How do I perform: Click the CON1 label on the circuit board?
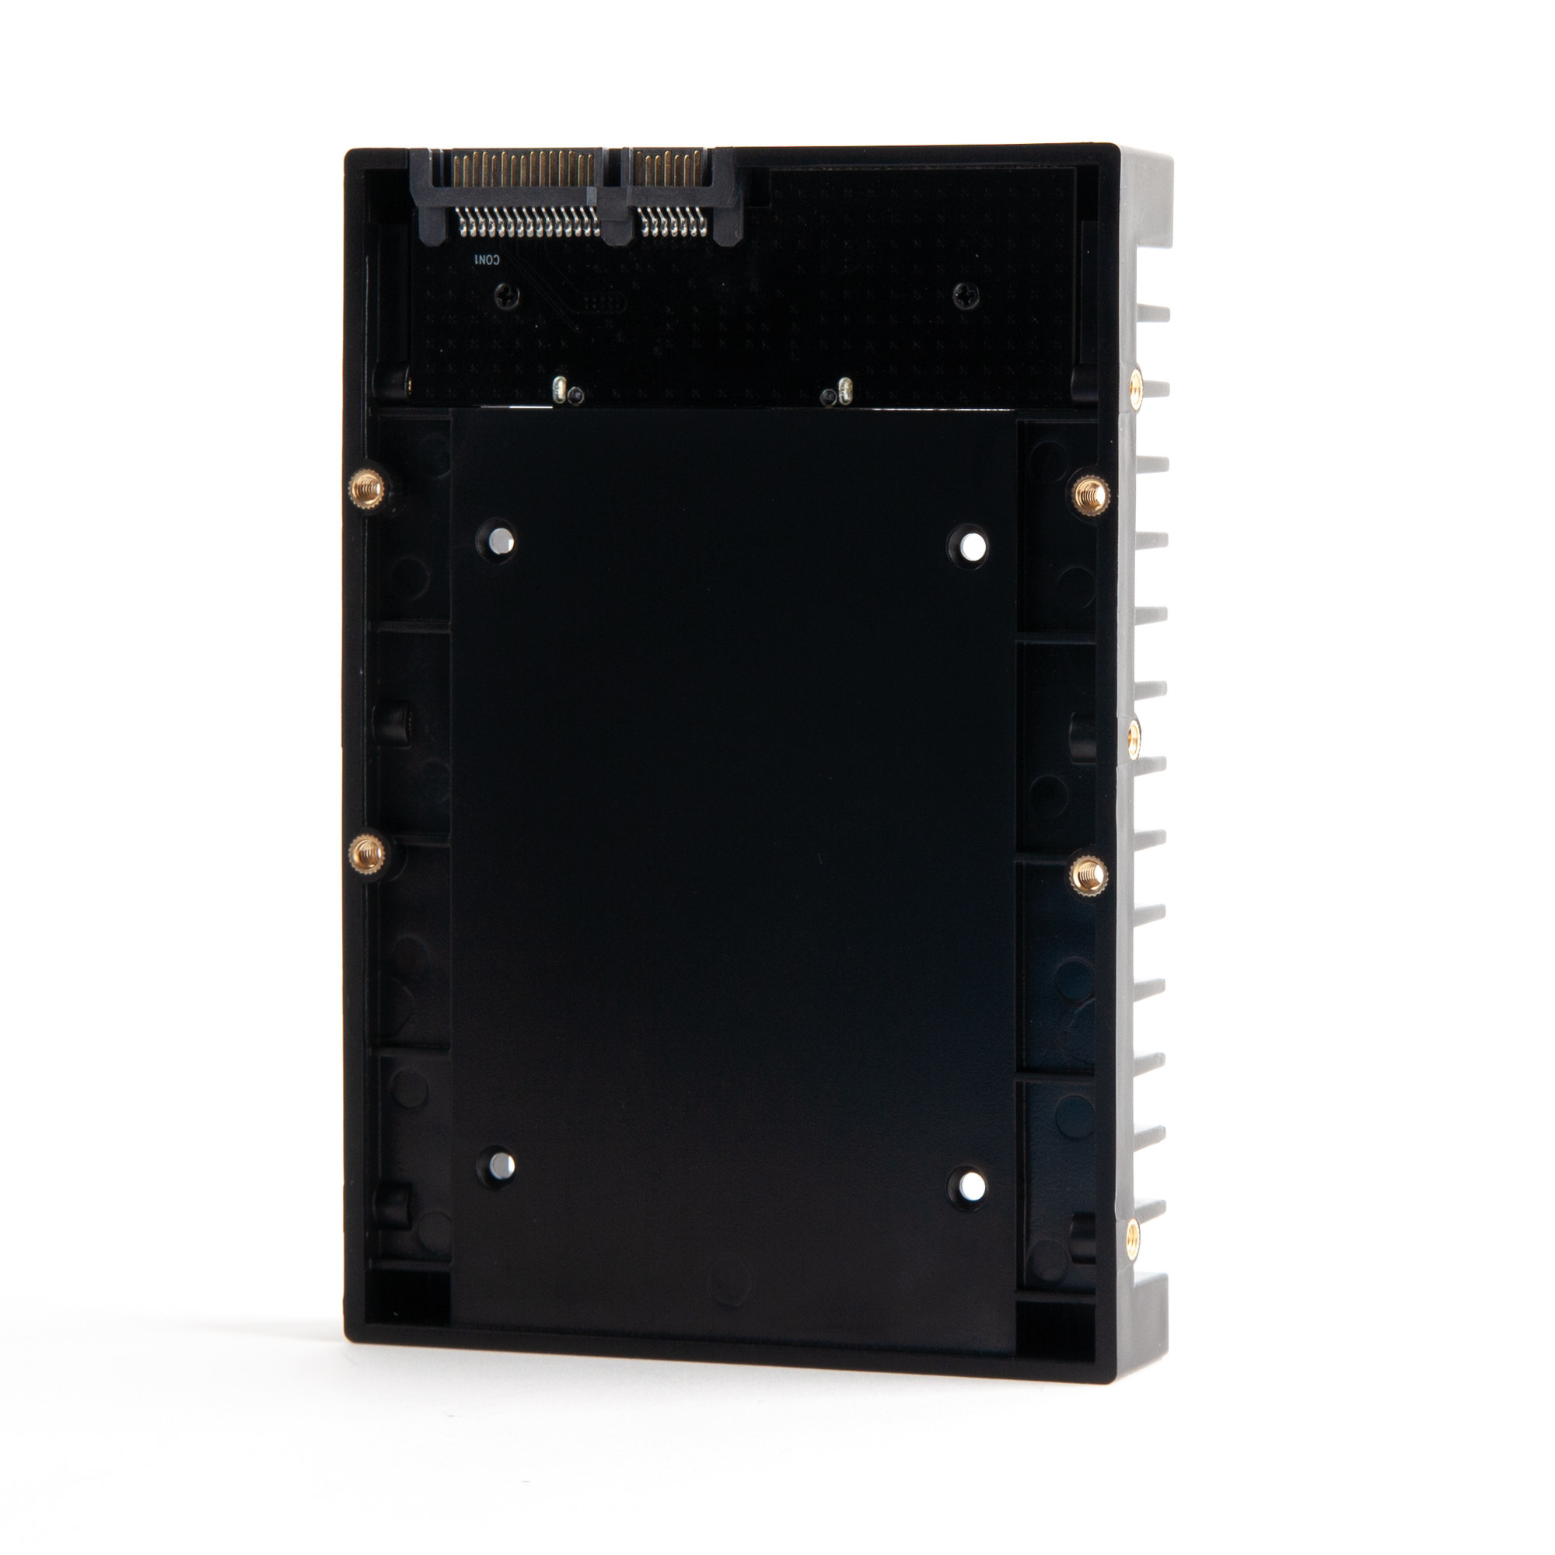click(486, 260)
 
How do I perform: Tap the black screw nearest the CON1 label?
click(507, 295)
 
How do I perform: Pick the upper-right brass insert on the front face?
click(1091, 492)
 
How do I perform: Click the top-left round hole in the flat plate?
click(500, 540)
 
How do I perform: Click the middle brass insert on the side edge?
click(1134, 734)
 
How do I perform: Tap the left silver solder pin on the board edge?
click(557, 390)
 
